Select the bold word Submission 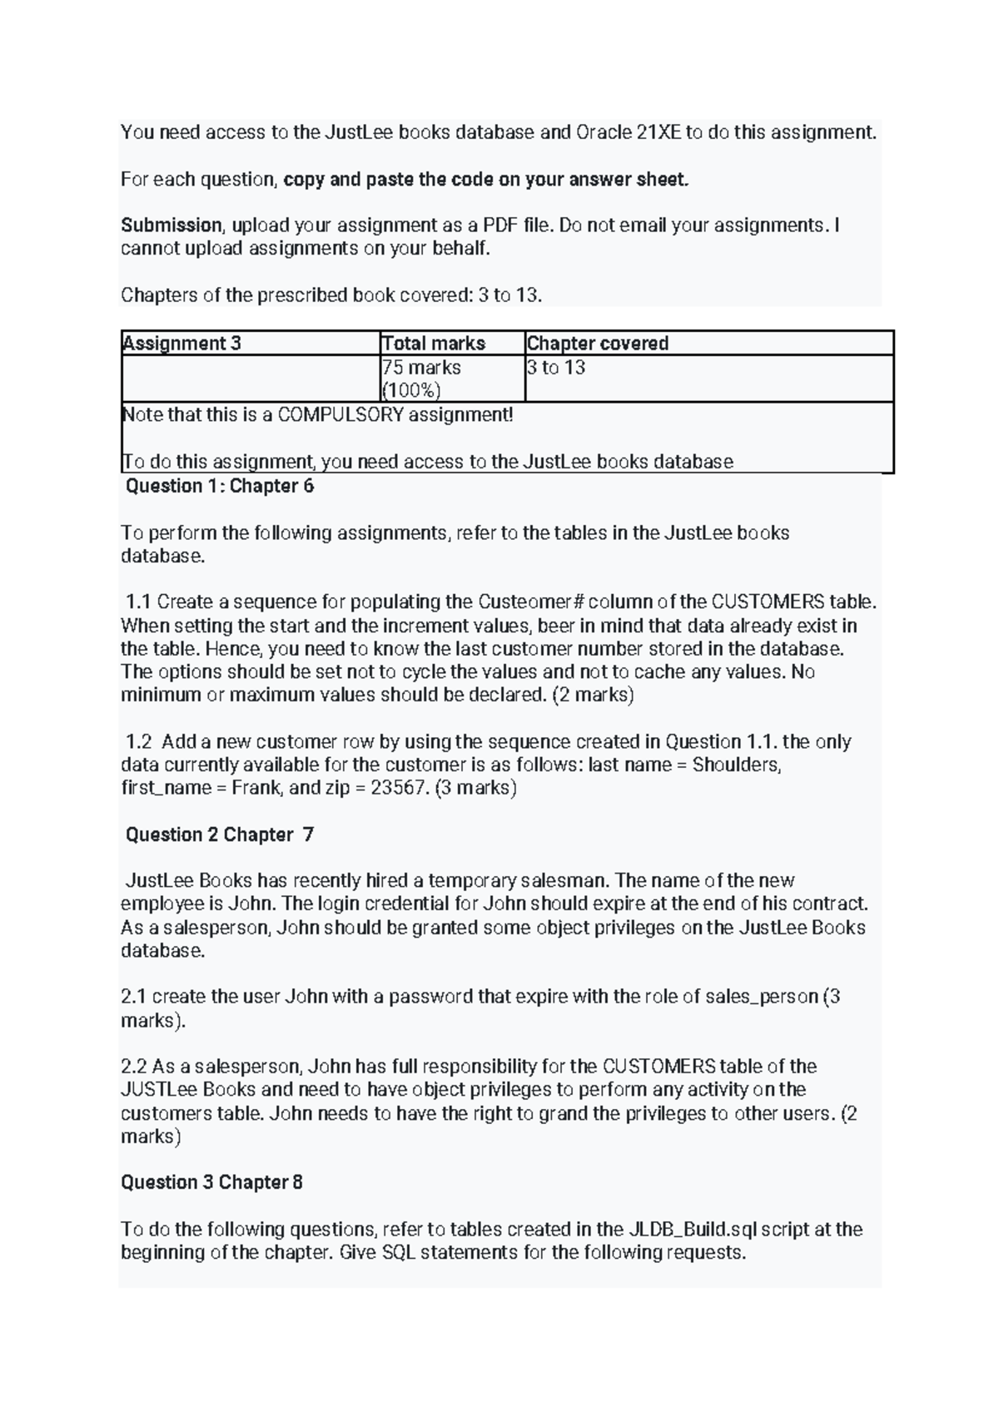pos(171,225)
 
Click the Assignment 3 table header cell pos(181,344)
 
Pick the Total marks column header pos(433,344)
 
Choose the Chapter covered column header pos(598,344)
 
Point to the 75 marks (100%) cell pos(421,379)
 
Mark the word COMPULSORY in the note pos(340,414)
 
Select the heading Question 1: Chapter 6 pos(219,487)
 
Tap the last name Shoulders pos(736,765)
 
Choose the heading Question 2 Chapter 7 pos(219,835)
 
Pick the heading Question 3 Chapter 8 pos(211,1183)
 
